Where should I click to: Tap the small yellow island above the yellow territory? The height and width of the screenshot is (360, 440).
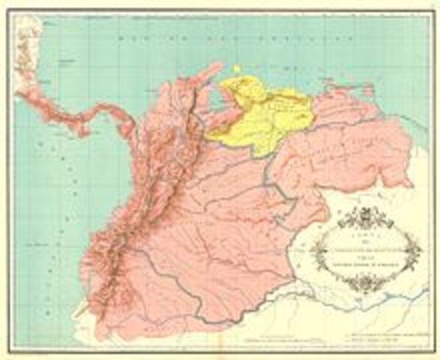236,69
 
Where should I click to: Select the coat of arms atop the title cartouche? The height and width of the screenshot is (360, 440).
365,217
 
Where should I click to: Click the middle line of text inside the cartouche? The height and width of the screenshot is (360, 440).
366,250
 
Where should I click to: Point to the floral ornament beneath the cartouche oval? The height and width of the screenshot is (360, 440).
366,283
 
